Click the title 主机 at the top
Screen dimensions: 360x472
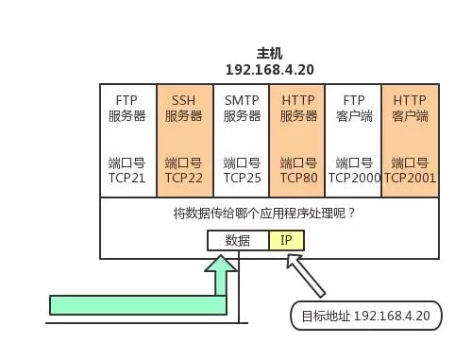coord(269,54)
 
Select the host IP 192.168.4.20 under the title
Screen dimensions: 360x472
coord(269,70)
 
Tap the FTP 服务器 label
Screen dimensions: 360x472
coord(127,108)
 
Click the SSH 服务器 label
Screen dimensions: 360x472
coord(183,108)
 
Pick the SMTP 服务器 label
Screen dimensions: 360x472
coord(242,108)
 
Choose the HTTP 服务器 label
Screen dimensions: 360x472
coord(298,108)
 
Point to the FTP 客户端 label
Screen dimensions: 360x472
coord(354,108)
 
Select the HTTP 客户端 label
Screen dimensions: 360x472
coord(410,108)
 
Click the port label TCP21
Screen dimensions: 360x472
coord(127,177)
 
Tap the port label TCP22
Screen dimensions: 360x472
coord(183,177)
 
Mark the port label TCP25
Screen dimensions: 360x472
coord(242,177)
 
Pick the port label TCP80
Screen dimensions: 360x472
coord(298,177)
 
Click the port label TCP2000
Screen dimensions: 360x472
coord(354,177)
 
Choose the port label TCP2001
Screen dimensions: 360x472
coord(410,177)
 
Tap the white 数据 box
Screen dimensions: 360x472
coord(238,240)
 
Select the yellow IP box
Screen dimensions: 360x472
coord(286,240)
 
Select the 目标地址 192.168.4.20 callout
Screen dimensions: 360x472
coord(365,315)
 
